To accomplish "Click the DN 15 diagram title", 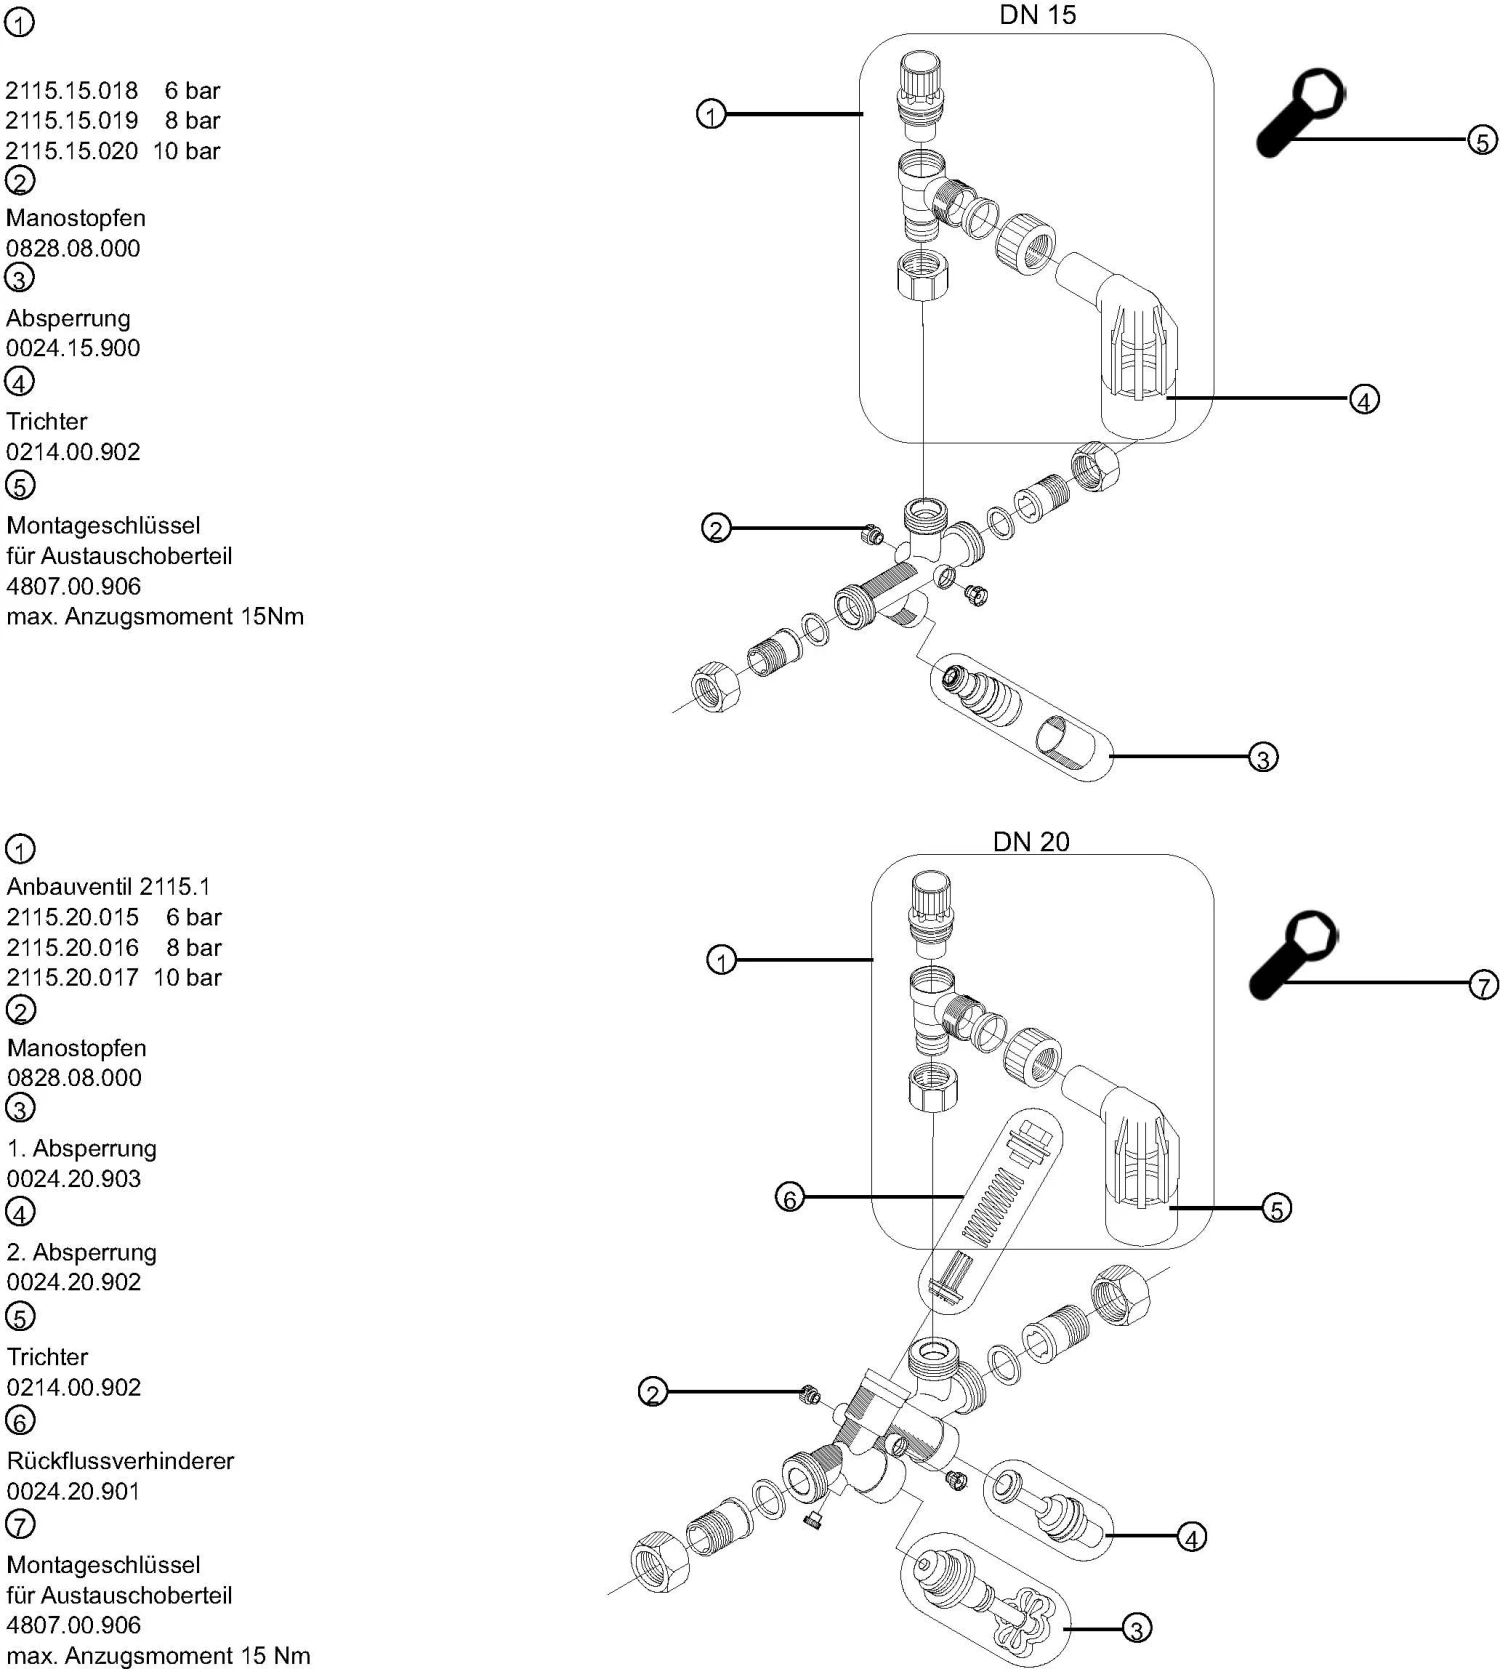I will point(1037,15).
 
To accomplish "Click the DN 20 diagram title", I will point(1030,842).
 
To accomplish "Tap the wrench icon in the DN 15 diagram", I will point(1298,111).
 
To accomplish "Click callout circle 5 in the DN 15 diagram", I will point(1482,141).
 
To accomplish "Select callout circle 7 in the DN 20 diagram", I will point(1483,985).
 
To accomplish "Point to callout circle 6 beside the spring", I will point(790,1196).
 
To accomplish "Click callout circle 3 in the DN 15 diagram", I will point(1263,758).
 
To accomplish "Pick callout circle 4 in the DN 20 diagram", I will point(1191,1537).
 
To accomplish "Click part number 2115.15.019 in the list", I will point(72,121).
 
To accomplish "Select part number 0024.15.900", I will point(73,348).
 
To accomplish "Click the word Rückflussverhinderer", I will point(120,1460).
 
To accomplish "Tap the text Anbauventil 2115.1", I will point(108,886).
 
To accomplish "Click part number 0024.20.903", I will point(74,1178).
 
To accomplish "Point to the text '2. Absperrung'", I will point(82,1252).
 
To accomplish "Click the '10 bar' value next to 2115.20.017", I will point(188,977).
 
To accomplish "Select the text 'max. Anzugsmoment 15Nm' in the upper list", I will point(155,616).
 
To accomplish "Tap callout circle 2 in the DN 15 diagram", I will point(716,528).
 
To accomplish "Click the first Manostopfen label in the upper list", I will point(76,218).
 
